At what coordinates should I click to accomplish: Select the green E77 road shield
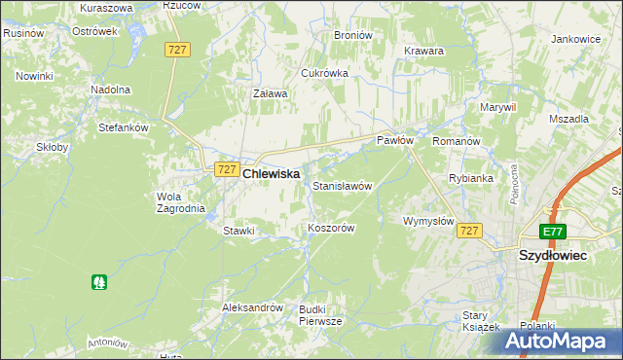[x=554, y=231]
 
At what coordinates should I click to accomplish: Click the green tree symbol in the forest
[x=98, y=282]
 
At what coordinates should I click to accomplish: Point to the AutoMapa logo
[x=563, y=342]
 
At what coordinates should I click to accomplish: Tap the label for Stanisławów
[x=343, y=185]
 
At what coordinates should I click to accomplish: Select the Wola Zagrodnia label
[x=180, y=201]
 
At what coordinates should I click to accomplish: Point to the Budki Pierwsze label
[x=320, y=314]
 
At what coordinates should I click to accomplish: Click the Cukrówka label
[x=324, y=73]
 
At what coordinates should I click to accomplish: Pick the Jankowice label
[x=575, y=39]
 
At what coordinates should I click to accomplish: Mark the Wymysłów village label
[x=428, y=221]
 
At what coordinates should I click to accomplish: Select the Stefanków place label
[x=123, y=127]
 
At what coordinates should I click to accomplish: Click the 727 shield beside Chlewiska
[x=225, y=169]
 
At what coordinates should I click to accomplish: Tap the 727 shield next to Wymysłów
[x=469, y=231]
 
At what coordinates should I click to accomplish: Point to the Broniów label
[x=353, y=35]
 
